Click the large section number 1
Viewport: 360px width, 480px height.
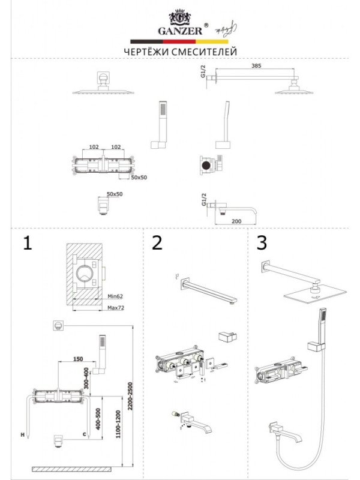[x=26, y=243]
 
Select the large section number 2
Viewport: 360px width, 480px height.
[x=157, y=243]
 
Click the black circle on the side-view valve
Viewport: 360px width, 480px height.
[x=206, y=164]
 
